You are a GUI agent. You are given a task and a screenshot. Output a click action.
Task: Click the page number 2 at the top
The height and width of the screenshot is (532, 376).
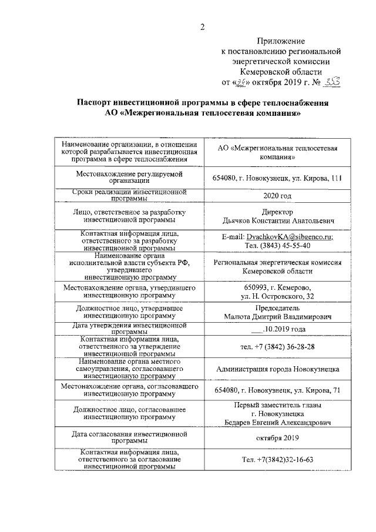(x=202, y=26)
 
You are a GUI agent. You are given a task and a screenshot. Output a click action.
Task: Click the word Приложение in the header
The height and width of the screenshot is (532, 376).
(x=281, y=41)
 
